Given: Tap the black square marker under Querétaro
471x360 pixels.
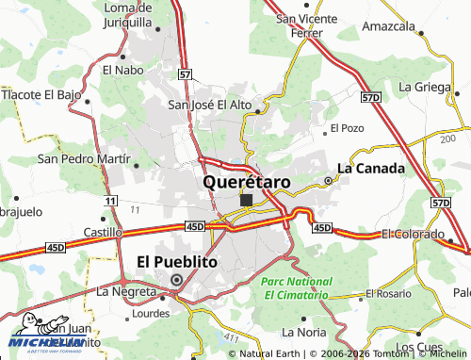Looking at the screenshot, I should coord(246,200).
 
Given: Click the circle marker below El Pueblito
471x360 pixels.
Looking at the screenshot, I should coord(176,279).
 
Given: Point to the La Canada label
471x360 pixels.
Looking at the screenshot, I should coord(371,168).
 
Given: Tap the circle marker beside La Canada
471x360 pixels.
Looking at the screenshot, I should coord(328,179).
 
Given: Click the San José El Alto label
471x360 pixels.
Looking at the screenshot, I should coord(210,105).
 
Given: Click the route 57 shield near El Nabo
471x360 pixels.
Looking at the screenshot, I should coord(186,74).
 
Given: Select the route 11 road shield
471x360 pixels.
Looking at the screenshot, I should coord(111,202).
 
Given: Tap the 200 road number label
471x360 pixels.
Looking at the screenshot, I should coord(446,139).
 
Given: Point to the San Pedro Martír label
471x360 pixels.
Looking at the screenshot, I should coord(82,159).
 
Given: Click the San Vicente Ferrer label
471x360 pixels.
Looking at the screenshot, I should coord(300,26).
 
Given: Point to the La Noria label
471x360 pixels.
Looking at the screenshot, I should coord(304,332).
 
